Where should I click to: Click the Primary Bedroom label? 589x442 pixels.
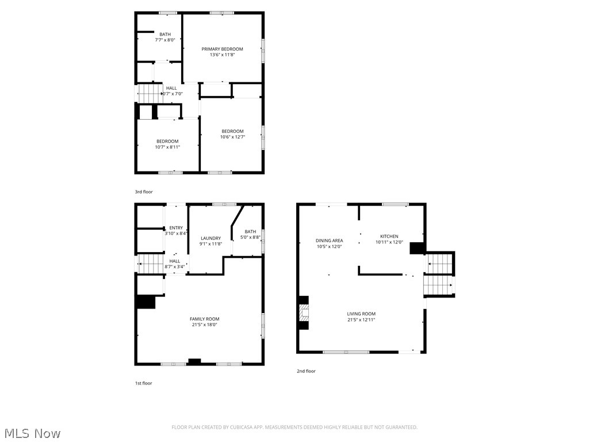click(222, 49)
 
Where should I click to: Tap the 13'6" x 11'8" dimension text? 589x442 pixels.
click(222, 55)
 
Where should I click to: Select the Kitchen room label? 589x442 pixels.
click(389, 237)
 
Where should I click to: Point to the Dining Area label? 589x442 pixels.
click(329, 241)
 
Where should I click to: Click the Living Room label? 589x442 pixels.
click(361, 314)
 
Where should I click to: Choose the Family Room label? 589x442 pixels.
click(204, 319)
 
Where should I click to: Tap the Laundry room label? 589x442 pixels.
click(211, 238)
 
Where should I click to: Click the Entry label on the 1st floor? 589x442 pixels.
click(175, 228)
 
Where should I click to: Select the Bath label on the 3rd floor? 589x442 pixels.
click(165, 35)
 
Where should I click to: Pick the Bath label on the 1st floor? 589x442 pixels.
click(250, 231)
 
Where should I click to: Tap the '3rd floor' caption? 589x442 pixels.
click(144, 192)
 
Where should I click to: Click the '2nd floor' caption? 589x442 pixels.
click(306, 371)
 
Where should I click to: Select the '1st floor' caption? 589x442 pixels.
click(144, 383)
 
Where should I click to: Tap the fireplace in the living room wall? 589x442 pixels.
click(304, 313)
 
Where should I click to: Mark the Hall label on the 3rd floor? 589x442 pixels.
click(171, 88)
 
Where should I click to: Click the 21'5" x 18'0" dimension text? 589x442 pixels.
click(204, 325)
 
